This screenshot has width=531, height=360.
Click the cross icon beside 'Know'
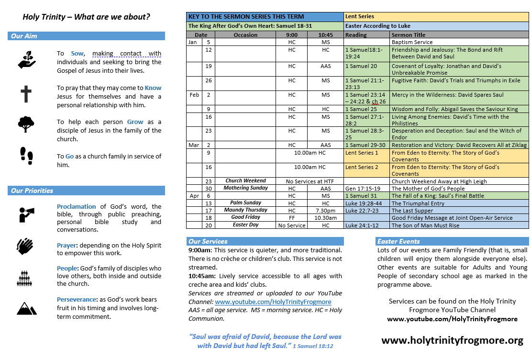coord(26,94)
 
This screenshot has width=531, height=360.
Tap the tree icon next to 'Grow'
coord(26,124)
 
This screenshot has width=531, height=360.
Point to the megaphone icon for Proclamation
coord(26,214)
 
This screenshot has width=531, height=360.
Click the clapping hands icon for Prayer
coord(25,246)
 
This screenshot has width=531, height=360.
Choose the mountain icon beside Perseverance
coord(26,308)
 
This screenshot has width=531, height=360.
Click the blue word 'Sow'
coord(77,54)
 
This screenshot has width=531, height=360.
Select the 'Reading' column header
coord(356,35)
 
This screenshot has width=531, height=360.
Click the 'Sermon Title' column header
coord(408,35)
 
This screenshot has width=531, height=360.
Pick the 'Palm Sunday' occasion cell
coord(246,203)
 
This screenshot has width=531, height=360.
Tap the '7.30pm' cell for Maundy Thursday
coord(325,210)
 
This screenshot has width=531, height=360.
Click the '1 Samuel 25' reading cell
coord(361,109)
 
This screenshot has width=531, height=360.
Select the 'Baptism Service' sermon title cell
coord(412,42)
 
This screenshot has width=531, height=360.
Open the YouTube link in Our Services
coord(273,302)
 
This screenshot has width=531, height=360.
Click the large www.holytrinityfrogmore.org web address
coord(452,340)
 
